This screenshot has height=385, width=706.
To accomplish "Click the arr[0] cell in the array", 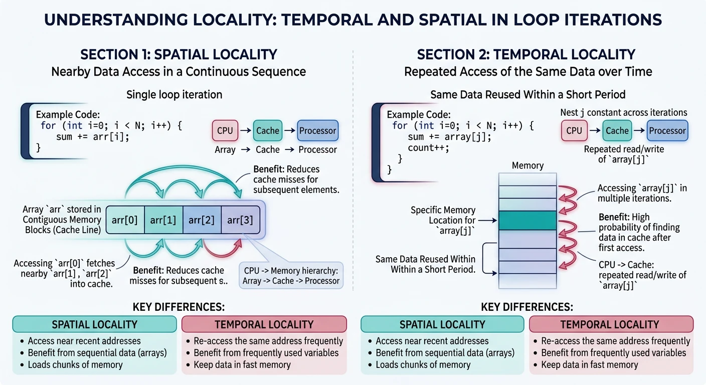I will click(125, 220).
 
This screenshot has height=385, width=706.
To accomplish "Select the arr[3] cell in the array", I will click(240, 220).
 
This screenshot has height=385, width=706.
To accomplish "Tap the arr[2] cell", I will click(202, 220).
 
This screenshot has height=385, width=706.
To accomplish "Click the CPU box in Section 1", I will click(225, 131).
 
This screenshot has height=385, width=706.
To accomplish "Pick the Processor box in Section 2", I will click(667, 131).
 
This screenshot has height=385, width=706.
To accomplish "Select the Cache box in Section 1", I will click(268, 131).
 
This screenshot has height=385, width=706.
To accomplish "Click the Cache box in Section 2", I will click(617, 131).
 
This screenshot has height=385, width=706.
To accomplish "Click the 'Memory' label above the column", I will click(527, 165).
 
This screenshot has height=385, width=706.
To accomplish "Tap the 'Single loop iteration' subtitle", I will click(174, 94).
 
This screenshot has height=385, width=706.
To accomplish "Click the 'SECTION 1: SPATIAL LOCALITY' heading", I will click(179, 55).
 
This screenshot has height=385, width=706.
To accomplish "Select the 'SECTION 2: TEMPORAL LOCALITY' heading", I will click(526, 55).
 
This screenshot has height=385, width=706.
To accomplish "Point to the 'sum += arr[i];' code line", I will click(93, 136).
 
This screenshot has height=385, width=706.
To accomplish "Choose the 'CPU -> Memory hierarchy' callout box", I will click(291, 275).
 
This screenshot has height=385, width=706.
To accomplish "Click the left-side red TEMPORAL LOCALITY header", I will click(264, 324).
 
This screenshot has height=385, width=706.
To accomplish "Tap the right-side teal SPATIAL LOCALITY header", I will click(442, 324).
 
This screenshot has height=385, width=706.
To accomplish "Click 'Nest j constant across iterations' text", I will click(623, 112).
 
